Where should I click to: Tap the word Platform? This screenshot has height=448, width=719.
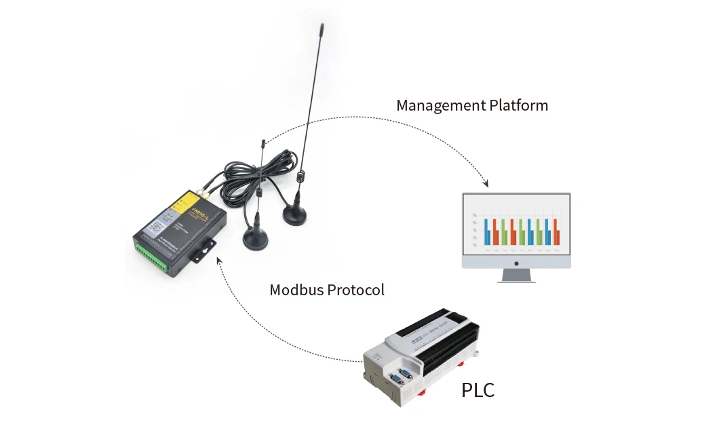(x=519, y=106)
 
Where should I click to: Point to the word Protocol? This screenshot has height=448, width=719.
(x=357, y=290)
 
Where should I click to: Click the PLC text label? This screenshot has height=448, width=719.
(x=478, y=391)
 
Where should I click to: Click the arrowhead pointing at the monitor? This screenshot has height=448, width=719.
(x=485, y=184)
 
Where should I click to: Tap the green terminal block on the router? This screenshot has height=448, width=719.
(x=154, y=257)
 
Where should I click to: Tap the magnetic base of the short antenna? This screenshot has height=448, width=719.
(x=256, y=238)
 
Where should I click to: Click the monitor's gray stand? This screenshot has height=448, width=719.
(x=516, y=276)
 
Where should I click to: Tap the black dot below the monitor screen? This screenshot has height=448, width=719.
(x=516, y=263)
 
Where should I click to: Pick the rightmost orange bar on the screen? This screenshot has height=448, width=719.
(x=556, y=232)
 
